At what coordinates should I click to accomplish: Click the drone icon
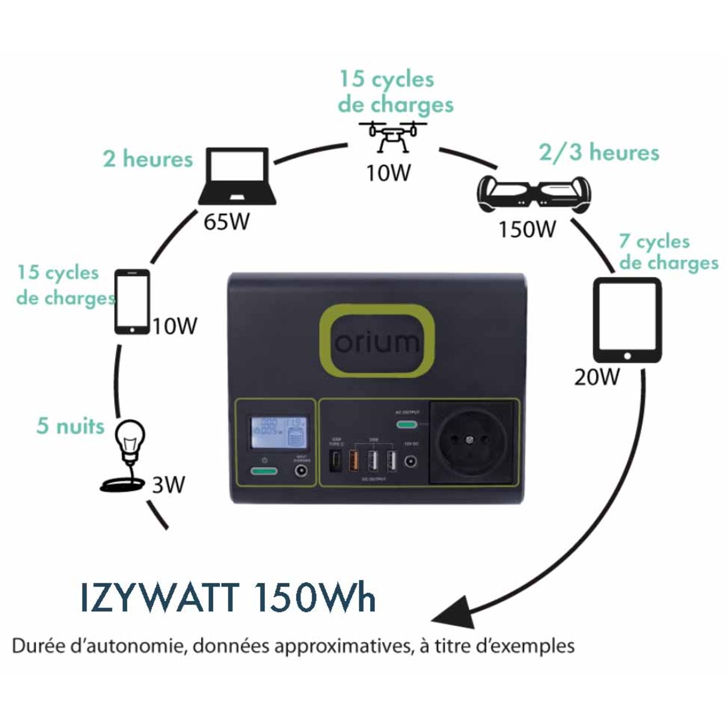393,134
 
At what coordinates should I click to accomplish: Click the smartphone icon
132,301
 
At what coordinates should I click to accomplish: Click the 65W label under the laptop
227,222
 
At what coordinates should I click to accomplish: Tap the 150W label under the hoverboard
527,229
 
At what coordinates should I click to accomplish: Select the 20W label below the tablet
597,377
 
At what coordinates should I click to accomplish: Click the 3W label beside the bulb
168,485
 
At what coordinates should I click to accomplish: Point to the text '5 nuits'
70,426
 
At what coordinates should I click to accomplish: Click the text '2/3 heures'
599,152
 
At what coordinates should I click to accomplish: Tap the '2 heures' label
148,159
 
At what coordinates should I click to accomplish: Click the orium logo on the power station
377,342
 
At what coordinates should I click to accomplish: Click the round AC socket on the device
472,441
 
